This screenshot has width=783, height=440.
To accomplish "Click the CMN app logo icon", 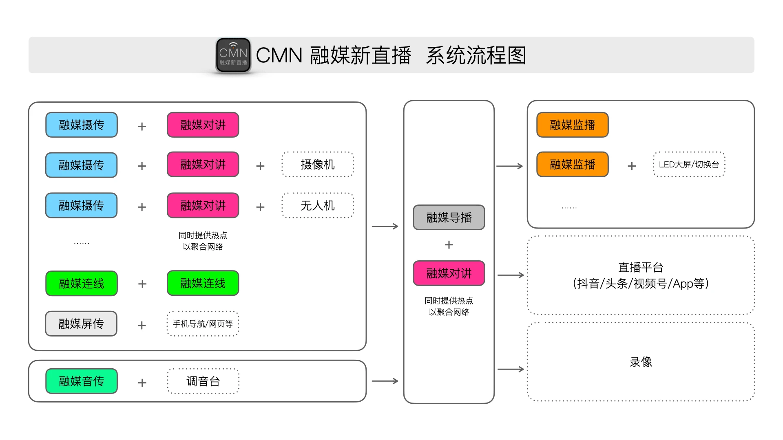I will [233, 55].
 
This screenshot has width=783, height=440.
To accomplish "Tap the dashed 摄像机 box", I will [317, 165].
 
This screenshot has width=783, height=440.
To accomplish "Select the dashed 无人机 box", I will [317, 205].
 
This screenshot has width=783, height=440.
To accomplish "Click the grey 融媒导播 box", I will [449, 218].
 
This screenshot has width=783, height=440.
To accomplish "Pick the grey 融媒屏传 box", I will [81, 324].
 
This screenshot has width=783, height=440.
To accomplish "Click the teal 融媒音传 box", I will [81, 381].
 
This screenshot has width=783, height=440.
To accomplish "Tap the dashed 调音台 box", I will [203, 381].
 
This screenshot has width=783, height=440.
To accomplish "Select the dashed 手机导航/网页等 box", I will [203, 324].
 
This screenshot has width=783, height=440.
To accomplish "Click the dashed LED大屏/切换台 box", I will [689, 165].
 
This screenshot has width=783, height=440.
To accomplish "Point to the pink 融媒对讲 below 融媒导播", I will [449, 273].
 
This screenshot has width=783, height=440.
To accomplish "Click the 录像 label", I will [641, 362].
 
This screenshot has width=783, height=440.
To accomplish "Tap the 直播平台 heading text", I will [641, 267].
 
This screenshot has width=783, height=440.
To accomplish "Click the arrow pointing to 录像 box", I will [511, 369].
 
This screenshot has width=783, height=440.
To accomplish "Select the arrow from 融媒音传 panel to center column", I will [385, 381].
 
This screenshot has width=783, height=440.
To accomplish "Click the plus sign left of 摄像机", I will [260, 166].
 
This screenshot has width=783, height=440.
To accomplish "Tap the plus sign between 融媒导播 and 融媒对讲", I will [449, 244].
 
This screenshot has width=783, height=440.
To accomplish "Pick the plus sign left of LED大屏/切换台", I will [632, 166].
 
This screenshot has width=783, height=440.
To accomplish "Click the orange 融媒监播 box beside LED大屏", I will [572, 165].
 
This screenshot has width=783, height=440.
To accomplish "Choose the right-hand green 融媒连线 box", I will [203, 283].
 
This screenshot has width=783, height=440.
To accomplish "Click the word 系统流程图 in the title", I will [476, 55].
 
